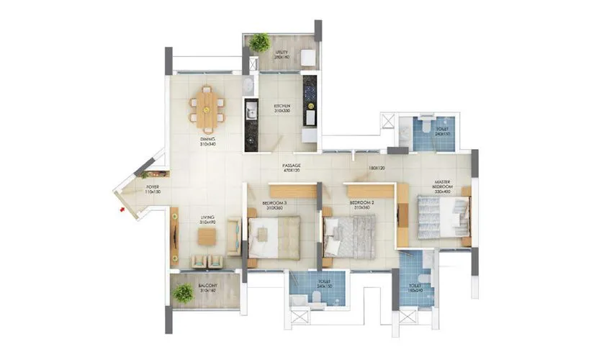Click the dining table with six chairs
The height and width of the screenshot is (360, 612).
pos(207,105)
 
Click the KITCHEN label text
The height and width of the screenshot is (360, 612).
pos(282,107)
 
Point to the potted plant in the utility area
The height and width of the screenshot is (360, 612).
pos(260,42)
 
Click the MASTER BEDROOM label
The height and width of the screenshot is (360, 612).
pos(443,186)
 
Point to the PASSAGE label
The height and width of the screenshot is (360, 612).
pos(292,167)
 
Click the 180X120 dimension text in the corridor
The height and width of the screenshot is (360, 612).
pos(377,168)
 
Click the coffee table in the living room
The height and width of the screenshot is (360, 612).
pos(207,238)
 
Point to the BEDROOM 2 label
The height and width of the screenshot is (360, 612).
pos(361,204)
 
